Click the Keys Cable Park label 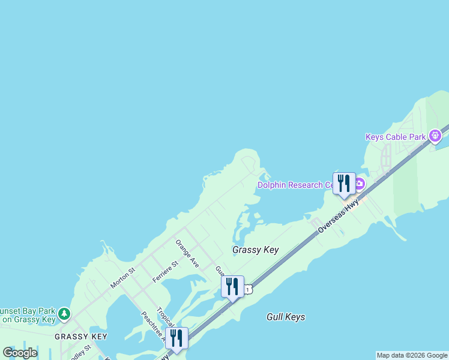click(x=396, y=137)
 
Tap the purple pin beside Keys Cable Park click(x=436, y=136)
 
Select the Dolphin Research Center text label click(x=295, y=185)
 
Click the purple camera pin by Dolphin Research click(x=359, y=183)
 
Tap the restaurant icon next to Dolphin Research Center click(x=344, y=183)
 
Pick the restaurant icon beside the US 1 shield click(x=232, y=286)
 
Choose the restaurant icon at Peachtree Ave click(x=176, y=338)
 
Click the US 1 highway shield click(x=247, y=290)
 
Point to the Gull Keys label click(x=286, y=317)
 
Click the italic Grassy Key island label click(x=256, y=250)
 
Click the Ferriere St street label click(x=166, y=272)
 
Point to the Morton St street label click(x=124, y=278)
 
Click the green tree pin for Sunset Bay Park click(x=64, y=314)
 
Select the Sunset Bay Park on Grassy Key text click(x=27, y=316)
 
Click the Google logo click(x=20, y=352)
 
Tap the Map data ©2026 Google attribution click(x=412, y=355)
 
